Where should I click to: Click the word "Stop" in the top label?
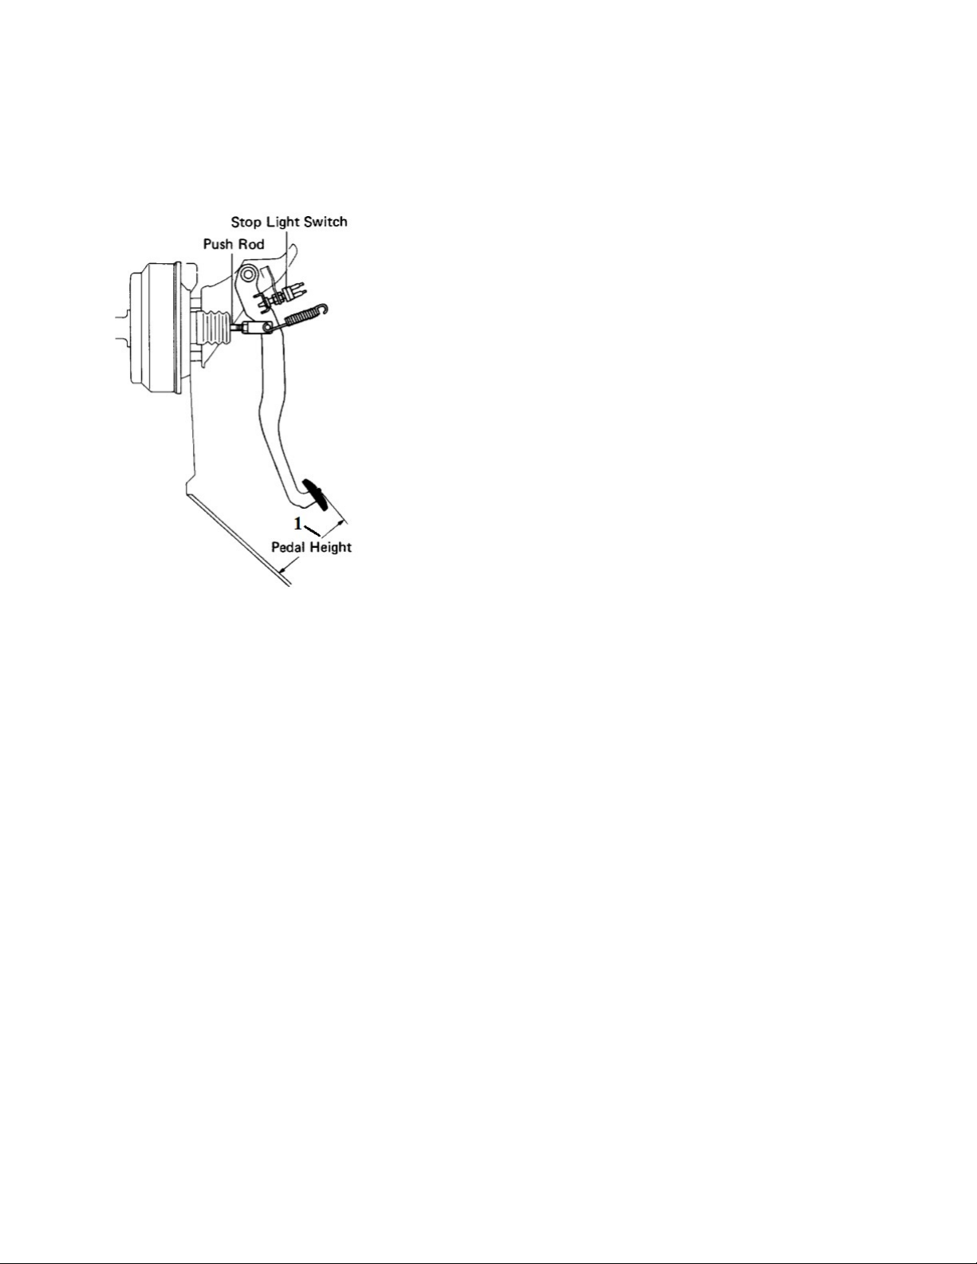246,222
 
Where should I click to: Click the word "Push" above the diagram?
217,244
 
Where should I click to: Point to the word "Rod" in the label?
251,244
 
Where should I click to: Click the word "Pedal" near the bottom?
289,547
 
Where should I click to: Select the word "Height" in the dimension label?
331,548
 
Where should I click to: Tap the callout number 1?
297,524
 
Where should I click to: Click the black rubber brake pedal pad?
315,496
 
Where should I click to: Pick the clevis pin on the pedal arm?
267,328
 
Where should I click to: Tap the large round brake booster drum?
156,329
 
